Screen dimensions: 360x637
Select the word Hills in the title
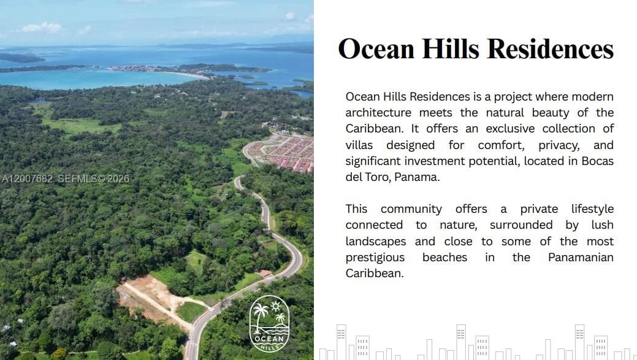[x=444, y=49]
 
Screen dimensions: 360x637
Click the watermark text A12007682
[x=28, y=179]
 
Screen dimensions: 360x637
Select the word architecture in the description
[x=378, y=113]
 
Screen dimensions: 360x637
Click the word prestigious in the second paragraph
[x=375, y=258]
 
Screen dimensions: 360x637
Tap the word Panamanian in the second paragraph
[x=581, y=258]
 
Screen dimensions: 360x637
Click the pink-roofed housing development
[x=288, y=153]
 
